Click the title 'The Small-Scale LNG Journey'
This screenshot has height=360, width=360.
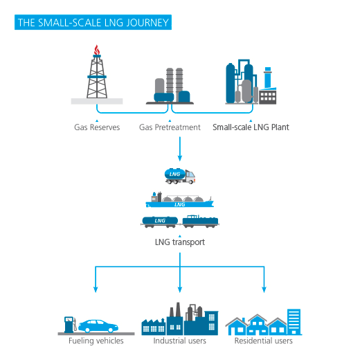click(92, 23)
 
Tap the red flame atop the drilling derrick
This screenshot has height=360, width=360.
click(96, 49)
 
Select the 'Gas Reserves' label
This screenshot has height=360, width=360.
click(97, 127)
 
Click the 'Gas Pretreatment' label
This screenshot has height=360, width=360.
click(170, 127)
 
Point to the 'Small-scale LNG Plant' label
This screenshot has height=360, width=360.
click(251, 127)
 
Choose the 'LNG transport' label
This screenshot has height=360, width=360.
click(180, 243)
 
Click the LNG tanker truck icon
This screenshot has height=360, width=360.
click(178, 176)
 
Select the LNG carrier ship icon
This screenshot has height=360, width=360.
click(180, 199)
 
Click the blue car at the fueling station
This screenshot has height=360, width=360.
click(102, 325)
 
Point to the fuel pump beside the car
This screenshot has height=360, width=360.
click(69, 323)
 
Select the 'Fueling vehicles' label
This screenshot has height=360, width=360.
click(96, 341)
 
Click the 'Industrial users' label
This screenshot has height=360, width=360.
click(180, 341)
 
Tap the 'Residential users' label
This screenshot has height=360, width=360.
click(264, 341)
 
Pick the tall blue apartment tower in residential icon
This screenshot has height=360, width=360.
click(294, 319)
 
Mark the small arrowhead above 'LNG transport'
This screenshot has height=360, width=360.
click(180, 235)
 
